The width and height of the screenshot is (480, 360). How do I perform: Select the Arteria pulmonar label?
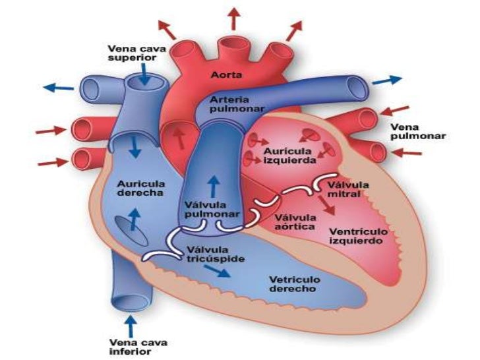(228, 104)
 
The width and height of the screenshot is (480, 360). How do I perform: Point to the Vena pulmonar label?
(418, 131)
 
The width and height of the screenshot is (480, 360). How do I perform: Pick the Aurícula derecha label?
(140, 188)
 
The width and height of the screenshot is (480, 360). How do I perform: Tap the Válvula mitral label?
(351, 190)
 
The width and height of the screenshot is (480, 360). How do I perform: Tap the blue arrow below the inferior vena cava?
(130, 326)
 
